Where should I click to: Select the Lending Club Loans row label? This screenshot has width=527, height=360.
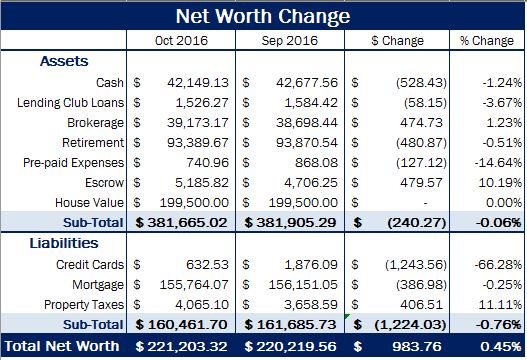[x=66, y=101]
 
